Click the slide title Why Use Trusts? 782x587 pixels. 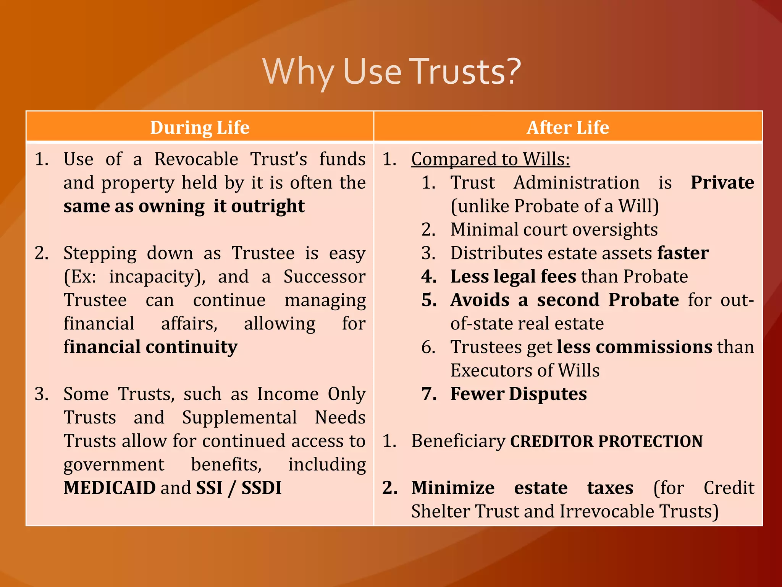pos(391,71)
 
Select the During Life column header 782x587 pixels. pos(200,127)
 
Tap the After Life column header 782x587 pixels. pos(568,127)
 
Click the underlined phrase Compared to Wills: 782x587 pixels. pos(490,159)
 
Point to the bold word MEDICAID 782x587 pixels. pos(110,488)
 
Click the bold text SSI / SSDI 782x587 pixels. pos(239,488)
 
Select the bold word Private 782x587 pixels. pos(722,182)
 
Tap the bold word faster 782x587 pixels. pos(683,253)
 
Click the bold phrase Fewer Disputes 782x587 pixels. pos(518,394)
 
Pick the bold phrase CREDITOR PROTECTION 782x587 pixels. pos(606,441)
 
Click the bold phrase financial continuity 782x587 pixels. pos(150,347)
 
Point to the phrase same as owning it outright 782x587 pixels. pos(184,206)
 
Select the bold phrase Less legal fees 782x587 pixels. pos(513,276)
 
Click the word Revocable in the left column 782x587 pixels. pos(196,159)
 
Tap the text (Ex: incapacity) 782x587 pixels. pos(134,277)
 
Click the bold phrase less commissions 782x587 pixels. pos(634,347)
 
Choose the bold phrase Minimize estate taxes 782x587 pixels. pos(522,488)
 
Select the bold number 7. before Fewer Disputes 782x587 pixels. pos(429,394)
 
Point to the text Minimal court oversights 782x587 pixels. pos(554,230)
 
